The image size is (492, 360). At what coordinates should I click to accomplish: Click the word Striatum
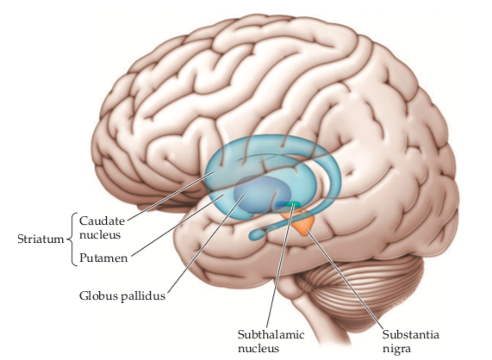click(x=40, y=239)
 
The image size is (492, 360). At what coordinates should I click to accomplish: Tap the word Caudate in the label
click(x=102, y=220)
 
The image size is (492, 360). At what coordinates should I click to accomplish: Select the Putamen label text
click(x=103, y=258)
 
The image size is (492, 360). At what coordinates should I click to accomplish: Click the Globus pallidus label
click(x=122, y=295)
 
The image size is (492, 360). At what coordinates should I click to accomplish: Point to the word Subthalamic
click(x=271, y=335)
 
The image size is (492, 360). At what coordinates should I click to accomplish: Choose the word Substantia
click(x=410, y=335)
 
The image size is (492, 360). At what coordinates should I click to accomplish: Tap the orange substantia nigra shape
click(x=299, y=223)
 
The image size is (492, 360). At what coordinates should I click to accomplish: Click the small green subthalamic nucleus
click(x=292, y=204)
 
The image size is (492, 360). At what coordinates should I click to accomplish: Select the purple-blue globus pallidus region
click(x=262, y=195)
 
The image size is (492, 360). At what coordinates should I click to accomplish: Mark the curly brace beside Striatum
click(x=73, y=239)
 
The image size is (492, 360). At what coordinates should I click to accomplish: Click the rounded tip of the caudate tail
click(x=253, y=234)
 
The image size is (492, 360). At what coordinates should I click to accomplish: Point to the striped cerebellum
click(x=361, y=293)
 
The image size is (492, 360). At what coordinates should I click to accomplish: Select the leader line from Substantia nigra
click(x=345, y=280)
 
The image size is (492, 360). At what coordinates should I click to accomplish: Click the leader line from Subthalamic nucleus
click(x=280, y=266)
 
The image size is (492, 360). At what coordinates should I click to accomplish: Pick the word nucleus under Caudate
click(x=100, y=234)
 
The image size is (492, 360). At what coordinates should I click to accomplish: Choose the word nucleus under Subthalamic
click(x=258, y=349)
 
